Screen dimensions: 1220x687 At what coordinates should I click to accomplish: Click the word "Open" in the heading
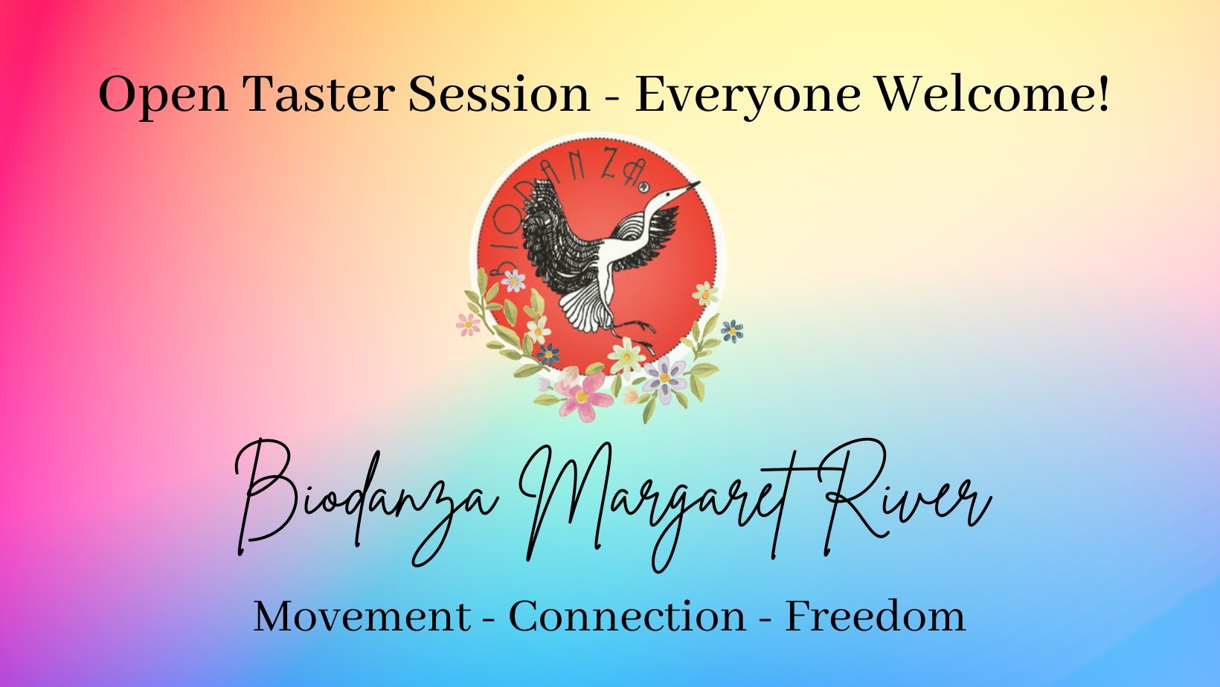(163, 95)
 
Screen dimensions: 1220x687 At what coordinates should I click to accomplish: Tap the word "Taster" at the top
(318, 94)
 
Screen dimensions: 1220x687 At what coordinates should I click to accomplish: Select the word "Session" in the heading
(499, 94)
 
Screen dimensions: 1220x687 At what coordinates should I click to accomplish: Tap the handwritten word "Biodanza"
(366, 502)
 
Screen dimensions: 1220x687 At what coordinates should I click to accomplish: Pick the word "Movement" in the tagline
(362, 616)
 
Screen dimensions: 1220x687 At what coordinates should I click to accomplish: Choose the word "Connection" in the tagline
(627, 616)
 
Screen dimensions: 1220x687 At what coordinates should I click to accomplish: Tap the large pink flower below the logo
(582, 396)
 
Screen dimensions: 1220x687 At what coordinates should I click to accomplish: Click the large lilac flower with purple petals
(664, 378)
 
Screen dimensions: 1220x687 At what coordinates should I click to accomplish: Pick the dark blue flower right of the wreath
(732, 330)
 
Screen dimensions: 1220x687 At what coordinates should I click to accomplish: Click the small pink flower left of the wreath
(468, 325)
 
